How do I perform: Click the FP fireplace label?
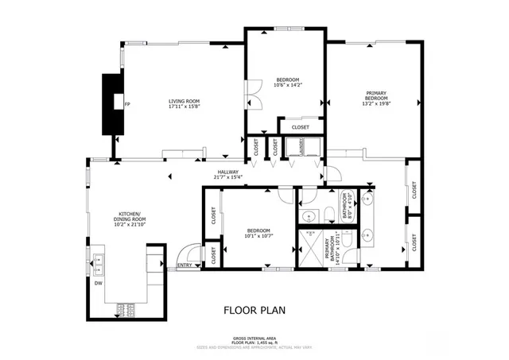127,104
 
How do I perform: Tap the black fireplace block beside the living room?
112,103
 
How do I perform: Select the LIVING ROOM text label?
183,101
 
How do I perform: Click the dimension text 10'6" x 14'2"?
287,86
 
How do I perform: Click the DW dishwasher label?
98,282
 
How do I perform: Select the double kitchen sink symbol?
99,261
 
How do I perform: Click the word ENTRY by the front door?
185,265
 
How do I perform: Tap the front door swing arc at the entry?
185,251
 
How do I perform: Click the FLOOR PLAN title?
254,310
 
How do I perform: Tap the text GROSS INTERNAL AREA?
254,338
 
